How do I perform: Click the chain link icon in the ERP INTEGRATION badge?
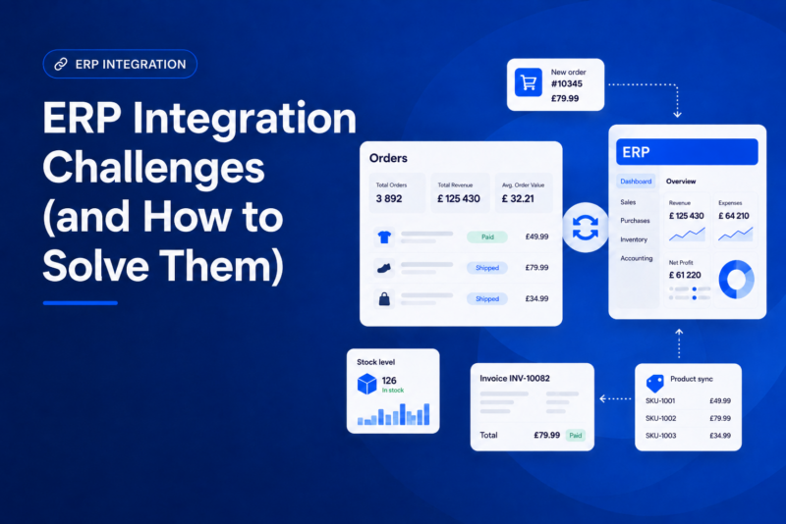(61, 64)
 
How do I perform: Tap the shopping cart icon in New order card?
(529, 82)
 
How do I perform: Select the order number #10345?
(567, 84)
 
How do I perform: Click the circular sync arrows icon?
(585, 228)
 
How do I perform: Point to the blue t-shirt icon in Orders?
(384, 236)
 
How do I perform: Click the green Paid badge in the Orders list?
(487, 237)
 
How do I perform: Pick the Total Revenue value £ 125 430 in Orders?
(459, 198)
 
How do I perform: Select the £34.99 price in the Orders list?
(536, 298)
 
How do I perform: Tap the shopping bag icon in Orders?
(384, 298)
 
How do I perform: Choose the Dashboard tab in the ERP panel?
(636, 182)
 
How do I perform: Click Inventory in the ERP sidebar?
(634, 239)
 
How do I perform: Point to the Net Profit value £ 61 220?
(685, 275)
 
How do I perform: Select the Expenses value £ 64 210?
(734, 216)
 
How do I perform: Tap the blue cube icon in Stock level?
(366, 384)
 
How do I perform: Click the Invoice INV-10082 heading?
(515, 379)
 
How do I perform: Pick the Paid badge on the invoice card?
(576, 436)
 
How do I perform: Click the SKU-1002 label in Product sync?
(660, 418)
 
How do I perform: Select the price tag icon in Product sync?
(654, 384)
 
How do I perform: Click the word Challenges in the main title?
(153, 168)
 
